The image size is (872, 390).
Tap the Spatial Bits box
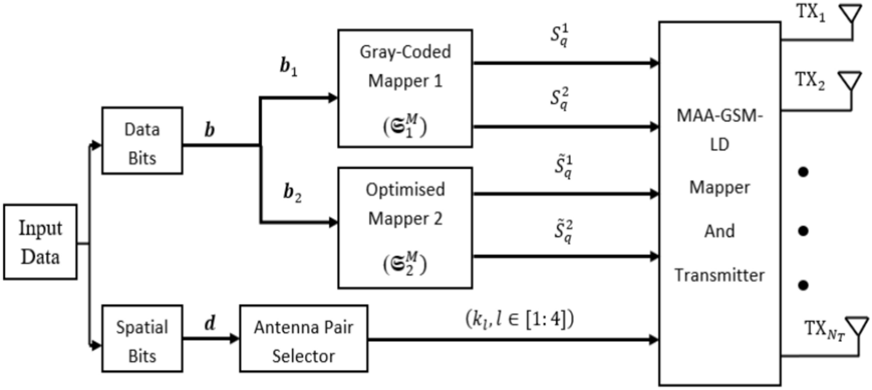(x=142, y=341)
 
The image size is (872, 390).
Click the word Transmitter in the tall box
(x=719, y=275)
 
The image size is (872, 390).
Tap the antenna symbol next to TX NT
(x=857, y=326)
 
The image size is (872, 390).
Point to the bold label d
(x=210, y=323)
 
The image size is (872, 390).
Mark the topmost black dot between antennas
(x=802, y=171)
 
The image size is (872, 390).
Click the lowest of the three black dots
(x=802, y=285)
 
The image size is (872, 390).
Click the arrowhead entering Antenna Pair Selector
(x=235, y=339)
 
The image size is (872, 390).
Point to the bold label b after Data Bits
(x=210, y=130)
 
